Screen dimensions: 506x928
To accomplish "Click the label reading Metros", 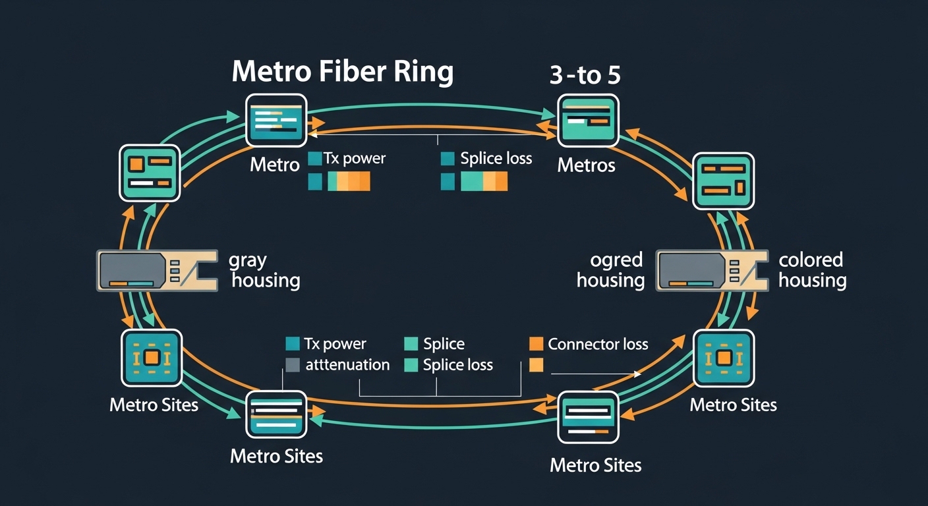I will point(586,165).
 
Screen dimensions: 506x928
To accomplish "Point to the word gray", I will point(248,260).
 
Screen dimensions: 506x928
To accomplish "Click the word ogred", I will point(616,260).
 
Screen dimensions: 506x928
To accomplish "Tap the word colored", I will point(811,260).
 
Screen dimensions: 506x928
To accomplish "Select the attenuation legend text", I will point(347,365).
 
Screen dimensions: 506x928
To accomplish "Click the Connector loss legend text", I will point(598,344).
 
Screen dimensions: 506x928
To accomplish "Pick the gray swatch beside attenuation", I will point(293,365).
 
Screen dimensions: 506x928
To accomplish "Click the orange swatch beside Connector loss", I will point(536,344).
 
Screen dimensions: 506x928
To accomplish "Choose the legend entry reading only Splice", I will point(444,344).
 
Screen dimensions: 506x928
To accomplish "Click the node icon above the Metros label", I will point(588,121).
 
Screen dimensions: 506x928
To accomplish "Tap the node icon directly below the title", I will point(275,120).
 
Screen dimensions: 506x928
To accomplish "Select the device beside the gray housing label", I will point(157,270).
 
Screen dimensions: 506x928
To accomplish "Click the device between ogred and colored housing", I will point(711,270).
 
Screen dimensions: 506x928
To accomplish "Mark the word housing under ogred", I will point(610,281).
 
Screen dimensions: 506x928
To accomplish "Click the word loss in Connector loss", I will point(633,344).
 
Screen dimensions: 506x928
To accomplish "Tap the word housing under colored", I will point(812,281).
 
